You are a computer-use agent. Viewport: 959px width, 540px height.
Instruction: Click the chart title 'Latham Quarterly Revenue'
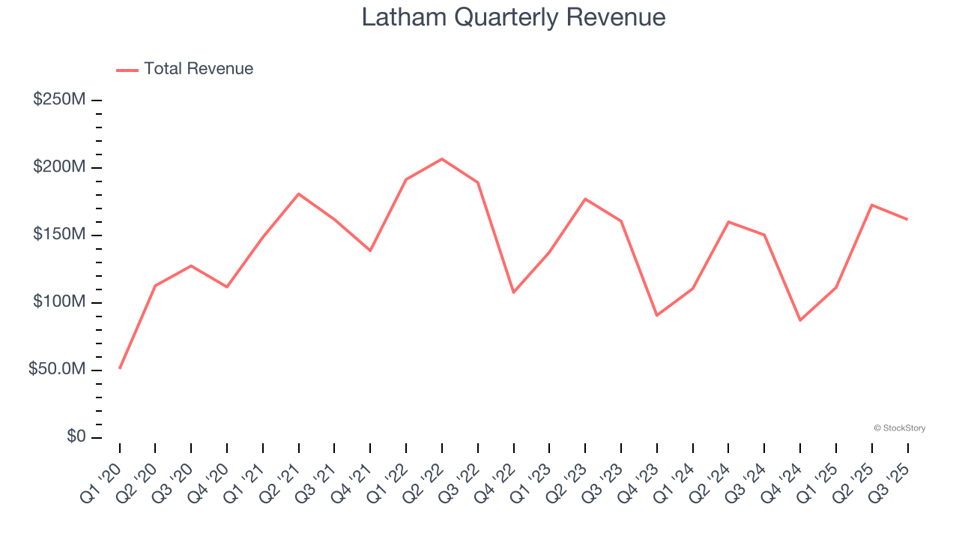tap(513, 16)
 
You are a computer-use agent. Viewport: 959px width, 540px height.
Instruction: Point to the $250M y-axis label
tap(59, 100)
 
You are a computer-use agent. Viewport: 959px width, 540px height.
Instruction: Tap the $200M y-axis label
tap(59, 167)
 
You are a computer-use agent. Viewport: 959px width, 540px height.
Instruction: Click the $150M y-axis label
tap(59, 235)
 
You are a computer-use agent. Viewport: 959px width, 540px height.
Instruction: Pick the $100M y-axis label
tap(59, 302)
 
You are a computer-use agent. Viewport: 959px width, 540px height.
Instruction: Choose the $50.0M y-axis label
tap(56, 370)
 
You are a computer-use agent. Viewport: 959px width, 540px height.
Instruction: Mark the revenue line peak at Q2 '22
tap(442, 159)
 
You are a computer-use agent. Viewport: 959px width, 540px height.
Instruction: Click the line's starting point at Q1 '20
tap(120, 368)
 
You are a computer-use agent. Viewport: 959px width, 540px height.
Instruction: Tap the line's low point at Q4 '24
tap(800, 320)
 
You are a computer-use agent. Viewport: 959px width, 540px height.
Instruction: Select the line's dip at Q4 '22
tap(514, 292)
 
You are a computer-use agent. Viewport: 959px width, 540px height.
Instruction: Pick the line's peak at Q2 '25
tap(872, 205)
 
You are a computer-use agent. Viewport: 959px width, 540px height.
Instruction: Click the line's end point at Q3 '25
tap(907, 219)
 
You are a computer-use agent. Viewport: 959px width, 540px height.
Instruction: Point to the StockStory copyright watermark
tap(899, 428)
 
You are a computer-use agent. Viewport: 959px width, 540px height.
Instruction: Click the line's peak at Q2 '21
tap(299, 193)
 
